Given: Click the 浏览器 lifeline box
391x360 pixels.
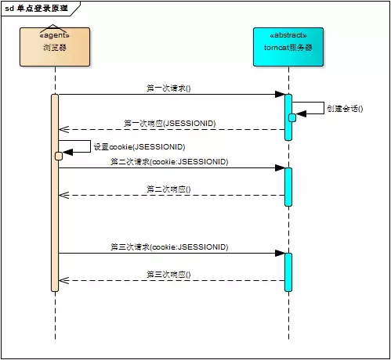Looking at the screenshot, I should coord(55,47).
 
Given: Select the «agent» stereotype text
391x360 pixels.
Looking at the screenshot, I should coord(55,35).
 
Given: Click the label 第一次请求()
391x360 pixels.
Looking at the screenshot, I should coord(168,88).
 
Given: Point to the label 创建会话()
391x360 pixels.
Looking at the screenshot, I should coord(346,108).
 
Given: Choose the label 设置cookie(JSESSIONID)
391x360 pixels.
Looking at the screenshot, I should coord(139,146).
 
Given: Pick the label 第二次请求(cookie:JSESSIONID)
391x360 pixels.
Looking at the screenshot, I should coord(168,161).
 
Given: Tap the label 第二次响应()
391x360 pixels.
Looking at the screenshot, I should coord(168,189).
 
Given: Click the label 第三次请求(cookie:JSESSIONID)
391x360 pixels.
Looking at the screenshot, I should coord(168,247).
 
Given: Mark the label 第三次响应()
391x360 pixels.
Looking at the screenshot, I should coord(168,274).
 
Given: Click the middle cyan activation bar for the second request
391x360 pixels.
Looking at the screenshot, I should coord(288,186).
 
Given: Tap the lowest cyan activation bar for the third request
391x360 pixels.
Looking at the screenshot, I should coord(288,271).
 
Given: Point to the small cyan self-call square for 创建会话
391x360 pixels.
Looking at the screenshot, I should coord(292,117).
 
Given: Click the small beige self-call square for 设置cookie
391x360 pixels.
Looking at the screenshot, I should coord(59,156).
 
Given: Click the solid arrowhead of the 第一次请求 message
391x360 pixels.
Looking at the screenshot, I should coord(279,95).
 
